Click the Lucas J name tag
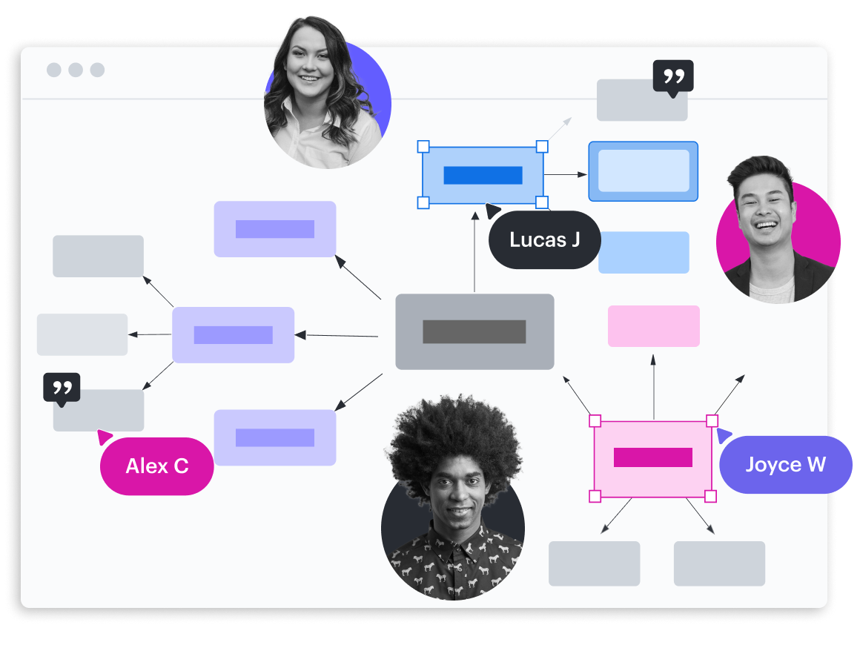(x=544, y=239)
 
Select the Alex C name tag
(x=156, y=466)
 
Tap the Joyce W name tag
(x=785, y=465)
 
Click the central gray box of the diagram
(x=474, y=331)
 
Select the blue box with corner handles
(x=483, y=175)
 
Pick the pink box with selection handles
(x=652, y=460)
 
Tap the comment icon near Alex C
(x=62, y=388)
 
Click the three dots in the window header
(x=76, y=70)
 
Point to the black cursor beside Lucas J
(x=492, y=211)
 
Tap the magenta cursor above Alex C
(x=104, y=437)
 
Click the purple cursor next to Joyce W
(x=724, y=436)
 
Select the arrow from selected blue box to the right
(x=565, y=175)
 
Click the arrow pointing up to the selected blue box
(x=475, y=252)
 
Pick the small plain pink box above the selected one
(x=653, y=326)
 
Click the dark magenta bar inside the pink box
(x=652, y=457)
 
